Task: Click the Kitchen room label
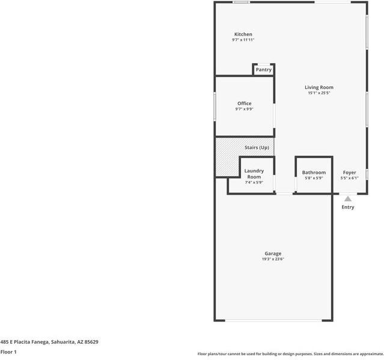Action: pos(243,34)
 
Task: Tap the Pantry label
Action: pos(263,70)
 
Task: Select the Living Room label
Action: pos(318,88)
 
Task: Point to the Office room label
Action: pos(244,103)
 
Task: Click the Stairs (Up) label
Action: pos(257,148)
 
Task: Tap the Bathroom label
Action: pos(314,172)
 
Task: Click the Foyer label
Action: pos(349,172)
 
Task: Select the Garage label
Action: pos(273,254)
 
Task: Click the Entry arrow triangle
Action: pos(348,199)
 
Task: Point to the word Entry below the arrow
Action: pos(348,207)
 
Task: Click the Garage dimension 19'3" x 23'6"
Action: pos(273,260)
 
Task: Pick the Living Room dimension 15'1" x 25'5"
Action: pos(318,93)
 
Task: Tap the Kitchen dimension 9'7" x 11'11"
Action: pos(243,40)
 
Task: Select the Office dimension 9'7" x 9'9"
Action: pos(244,109)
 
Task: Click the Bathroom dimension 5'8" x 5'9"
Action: pos(314,178)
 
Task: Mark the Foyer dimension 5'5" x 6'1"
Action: pos(349,178)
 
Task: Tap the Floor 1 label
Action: pos(8,352)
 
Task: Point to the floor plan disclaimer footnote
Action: pos(290,354)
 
